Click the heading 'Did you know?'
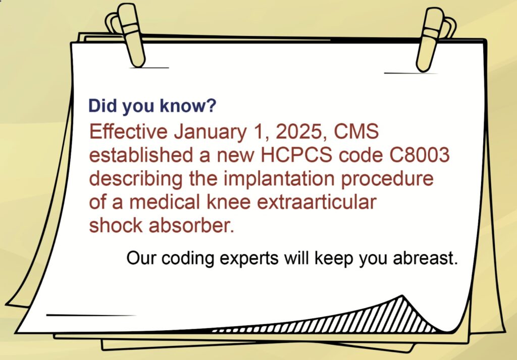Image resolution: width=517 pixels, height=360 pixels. tap(152, 106)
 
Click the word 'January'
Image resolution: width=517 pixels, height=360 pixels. tap(211, 132)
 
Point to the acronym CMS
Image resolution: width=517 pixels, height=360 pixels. tap(356, 131)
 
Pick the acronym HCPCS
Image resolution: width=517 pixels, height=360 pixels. tap(296, 155)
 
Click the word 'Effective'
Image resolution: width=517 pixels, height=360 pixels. tap(128, 131)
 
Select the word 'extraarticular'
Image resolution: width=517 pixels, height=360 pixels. tap(316, 202)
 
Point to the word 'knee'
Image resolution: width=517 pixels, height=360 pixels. tap(229, 202)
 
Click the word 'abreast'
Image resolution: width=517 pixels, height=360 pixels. tap(425, 258)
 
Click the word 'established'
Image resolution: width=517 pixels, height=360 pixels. tap(141, 155)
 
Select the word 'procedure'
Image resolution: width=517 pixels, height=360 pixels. tap(387, 179)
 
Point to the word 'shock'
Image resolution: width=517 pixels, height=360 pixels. tap(116, 226)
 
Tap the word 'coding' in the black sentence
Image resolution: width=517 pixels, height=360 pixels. tap(188, 258)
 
